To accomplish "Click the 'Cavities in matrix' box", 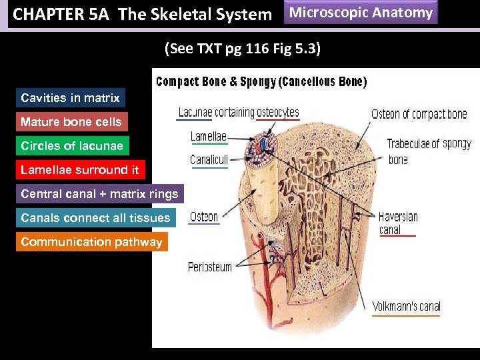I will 70,98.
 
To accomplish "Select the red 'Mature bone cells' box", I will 71,122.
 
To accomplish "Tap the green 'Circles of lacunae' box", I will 71,146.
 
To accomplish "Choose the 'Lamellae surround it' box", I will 79,170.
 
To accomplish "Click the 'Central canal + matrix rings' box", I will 99,194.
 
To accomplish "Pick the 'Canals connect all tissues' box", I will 95,218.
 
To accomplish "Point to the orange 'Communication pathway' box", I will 91,242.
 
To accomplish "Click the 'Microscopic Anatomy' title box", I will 361,13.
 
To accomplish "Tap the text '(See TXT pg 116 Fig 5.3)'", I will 243,48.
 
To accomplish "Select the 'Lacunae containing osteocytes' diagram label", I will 239,113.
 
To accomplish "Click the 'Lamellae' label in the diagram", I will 209,137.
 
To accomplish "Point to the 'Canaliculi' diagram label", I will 209,160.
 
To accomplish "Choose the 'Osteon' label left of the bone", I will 204,217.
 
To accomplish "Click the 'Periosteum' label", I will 210,267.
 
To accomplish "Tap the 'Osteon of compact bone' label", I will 419,114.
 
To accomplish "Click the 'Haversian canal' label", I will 398,223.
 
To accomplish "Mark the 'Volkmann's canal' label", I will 406,307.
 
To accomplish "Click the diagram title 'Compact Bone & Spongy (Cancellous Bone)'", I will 261,82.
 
